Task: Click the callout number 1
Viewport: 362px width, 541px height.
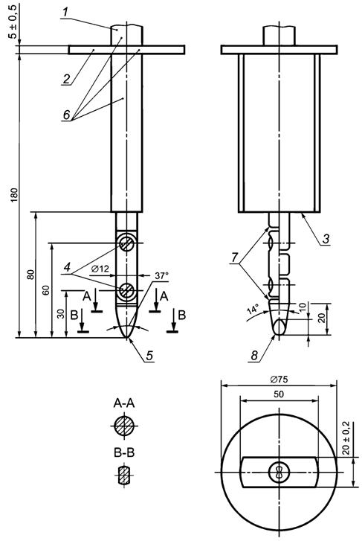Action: point(65,12)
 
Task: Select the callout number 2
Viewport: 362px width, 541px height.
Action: point(66,79)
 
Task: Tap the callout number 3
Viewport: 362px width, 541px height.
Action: point(326,238)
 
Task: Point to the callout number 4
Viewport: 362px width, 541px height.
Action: point(67,266)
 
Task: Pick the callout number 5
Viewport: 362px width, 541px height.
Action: point(149,356)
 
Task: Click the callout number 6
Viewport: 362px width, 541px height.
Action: point(67,115)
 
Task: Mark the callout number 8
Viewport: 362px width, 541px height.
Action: point(254,356)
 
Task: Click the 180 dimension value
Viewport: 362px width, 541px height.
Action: point(14,195)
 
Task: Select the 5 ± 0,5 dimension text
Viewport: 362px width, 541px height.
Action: point(13,21)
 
